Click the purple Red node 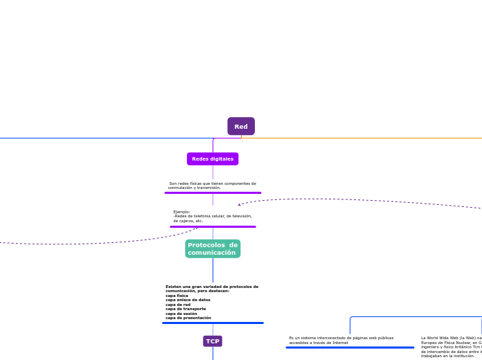(x=241, y=127)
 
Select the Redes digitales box (x=213, y=159)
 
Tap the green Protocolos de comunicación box (x=213, y=249)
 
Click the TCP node (x=213, y=341)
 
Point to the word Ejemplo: (x=181, y=212)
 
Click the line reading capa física (x=177, y=296)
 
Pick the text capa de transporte (x=186, y=309)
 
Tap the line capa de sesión (x=181, y=314)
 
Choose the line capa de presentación (x=188, y=318)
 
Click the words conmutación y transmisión (x=195, y=188)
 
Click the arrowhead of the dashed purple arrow (x=240, y=205)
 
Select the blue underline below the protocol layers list (x=213, y=323)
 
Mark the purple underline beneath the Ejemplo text (x=213, y=226)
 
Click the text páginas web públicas (x=370, y=338)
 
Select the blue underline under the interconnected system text (x=350, y=348)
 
